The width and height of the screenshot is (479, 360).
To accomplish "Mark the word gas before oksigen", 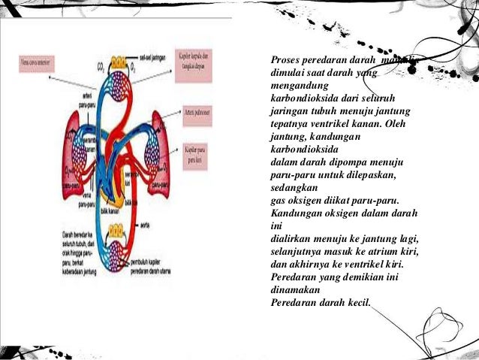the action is click(279, 201).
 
